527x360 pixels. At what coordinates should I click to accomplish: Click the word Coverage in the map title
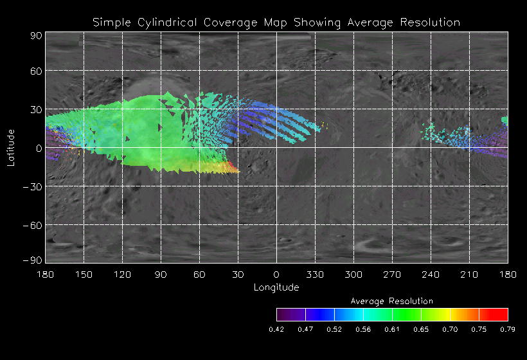click(x=228, y=22)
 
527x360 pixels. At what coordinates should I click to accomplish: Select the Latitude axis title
click(x=11, y=147)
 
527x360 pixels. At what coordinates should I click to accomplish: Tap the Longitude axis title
click(x=276, y=287)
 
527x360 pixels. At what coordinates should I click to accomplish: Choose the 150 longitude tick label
click(x=84, y=274)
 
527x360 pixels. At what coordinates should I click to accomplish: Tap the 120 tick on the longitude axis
click(x=122, y=274)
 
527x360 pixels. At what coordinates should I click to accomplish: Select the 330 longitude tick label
click(x=315, y=274)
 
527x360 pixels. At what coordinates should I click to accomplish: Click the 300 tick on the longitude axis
click(x=353, y=274)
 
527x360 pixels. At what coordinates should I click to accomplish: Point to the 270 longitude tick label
click(x=392, y=274)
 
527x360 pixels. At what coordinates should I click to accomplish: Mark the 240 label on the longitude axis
click(x=431, y=274)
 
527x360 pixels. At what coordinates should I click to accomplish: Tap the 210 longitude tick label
click(x=469, y=274)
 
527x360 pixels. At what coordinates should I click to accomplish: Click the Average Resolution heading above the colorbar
click(x=392, y=301)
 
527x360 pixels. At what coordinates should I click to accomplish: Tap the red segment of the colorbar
click(x=495, y=314)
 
